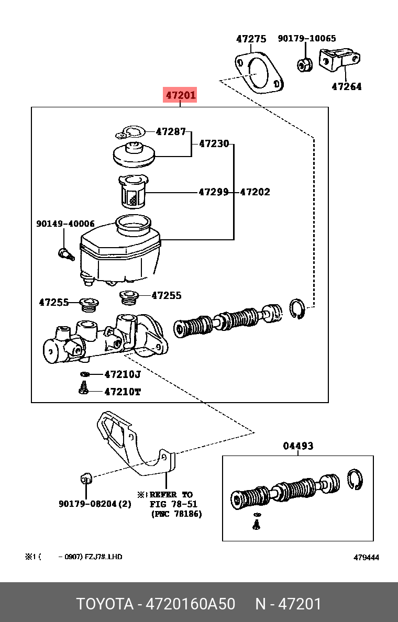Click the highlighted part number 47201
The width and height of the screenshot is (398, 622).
point(181,95)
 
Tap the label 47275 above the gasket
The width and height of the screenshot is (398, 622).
point(251,39)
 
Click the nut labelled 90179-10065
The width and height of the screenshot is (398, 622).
point(303,64)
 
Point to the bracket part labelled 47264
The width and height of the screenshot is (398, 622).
point(339,61)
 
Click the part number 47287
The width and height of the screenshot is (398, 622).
point(171,132)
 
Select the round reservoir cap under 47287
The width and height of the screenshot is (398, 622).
point(135,154)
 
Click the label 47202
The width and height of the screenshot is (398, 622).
point(255,192)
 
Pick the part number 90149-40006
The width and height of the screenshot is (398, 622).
point(65,224)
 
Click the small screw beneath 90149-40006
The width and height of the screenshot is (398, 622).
point(64,254)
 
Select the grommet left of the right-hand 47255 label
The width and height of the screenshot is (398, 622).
point(129,298)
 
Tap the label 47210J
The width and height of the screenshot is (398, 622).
point(123,374)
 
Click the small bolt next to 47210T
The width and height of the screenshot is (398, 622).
point(83,388)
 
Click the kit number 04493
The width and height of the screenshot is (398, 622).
point(298,446)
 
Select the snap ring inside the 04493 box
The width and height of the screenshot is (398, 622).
point(355,480)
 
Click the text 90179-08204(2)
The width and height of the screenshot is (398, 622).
point(95,504)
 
